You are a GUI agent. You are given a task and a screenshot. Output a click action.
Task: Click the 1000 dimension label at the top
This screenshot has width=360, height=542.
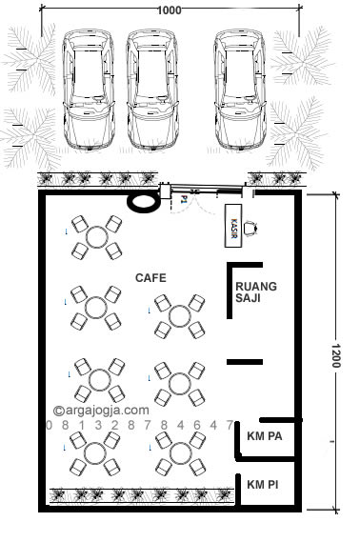coord(170,10)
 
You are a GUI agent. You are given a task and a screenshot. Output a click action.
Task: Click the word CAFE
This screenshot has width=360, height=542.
coord(150,278)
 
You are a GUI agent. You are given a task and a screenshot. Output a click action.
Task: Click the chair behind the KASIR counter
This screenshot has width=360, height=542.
coord(252,228)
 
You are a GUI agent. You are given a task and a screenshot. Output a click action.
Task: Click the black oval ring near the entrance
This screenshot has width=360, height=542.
coord(144,201)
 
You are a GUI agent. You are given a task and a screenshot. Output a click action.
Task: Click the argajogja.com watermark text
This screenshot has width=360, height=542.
coord(101,411)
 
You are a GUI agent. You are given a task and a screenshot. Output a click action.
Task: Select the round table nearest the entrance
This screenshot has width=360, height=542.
coord(97,238)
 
